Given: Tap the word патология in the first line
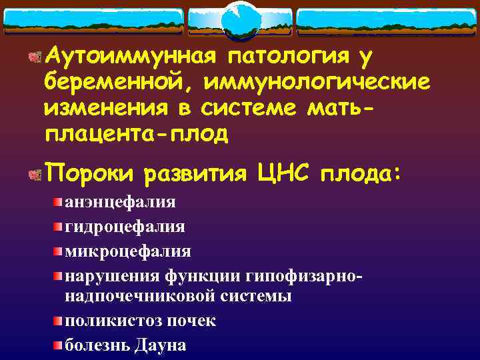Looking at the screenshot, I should coord(287,59).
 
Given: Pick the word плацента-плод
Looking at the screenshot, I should coord(136,134).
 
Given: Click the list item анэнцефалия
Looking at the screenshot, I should coord(120,202).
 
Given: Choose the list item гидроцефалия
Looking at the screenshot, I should coord(125,227).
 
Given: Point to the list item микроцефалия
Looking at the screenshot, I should coord(127,251).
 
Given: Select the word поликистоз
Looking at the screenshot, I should coord(106,320).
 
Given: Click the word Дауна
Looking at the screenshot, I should coord(161,345).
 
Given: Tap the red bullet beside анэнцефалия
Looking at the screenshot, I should coord(59,202).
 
